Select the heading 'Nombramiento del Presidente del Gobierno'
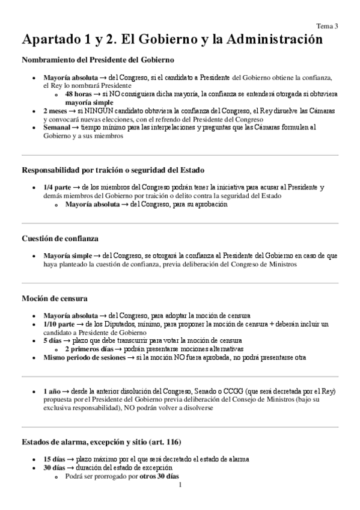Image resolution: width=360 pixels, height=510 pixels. click(x=98, y=60)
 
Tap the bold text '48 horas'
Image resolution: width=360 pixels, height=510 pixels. click(x=78, y=94)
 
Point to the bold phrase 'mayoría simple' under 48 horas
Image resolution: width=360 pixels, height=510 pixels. click(x=91, y=103)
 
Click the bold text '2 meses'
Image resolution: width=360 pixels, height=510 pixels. click(x=55, y=111)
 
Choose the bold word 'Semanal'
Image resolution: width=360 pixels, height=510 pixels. click(x=57, y=127)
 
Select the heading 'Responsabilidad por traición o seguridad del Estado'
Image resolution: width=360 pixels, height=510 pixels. click(x=113, y=170)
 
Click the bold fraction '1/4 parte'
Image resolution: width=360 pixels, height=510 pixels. click(x=58, y=188)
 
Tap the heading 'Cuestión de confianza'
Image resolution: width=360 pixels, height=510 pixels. click(x=61, y=238)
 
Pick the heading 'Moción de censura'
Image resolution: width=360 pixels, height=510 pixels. click(x=55, y=298)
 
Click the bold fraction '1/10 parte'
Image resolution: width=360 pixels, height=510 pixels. click(x=59, y=324)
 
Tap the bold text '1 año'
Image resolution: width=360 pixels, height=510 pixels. click(x=53, y=391)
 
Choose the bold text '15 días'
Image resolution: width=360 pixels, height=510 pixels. click(x=56, y=459)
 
